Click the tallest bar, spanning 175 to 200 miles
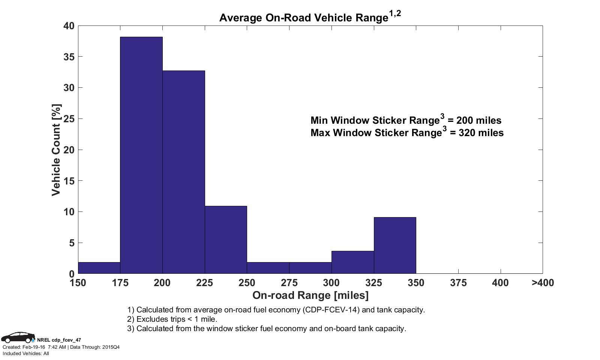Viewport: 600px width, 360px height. pos(141,155)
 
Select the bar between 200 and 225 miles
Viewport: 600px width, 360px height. pos(184,172)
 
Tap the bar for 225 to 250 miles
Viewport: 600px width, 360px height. pos(226,240)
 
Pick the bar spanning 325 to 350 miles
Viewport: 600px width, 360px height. pos(395,245)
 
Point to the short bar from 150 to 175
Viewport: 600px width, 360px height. pos(99,268)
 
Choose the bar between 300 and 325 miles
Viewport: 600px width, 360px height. pos(352,262)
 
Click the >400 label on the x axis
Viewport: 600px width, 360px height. pos(542,283)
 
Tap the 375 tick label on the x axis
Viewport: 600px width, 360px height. pos(458,283)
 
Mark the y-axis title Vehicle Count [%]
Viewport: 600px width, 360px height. pos(56,150)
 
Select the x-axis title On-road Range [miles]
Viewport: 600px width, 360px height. pos(310,295)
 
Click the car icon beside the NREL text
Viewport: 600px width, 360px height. pos(18,337)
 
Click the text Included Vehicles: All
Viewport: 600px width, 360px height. pos(26,353)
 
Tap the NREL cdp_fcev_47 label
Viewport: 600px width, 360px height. pos(59,340)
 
